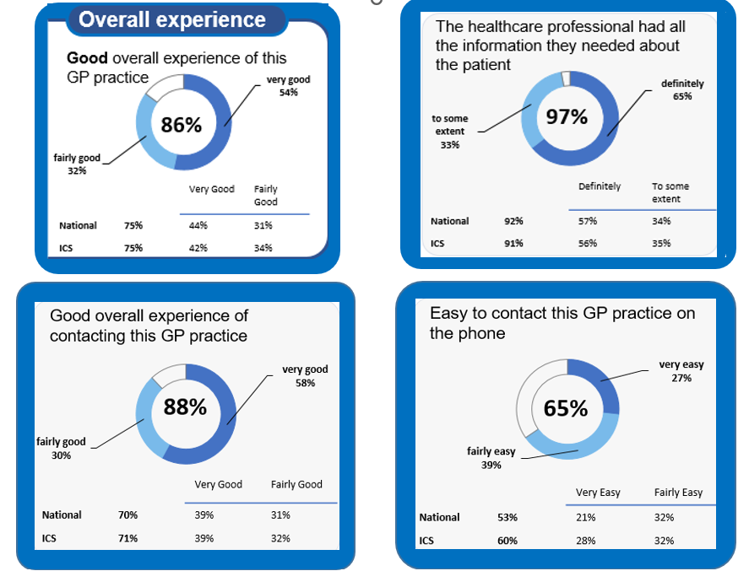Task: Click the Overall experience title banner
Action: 172,19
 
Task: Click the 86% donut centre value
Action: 181,125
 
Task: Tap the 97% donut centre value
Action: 567,116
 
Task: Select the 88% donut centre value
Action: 185,407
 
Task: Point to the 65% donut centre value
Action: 566,409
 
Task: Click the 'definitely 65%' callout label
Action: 682,90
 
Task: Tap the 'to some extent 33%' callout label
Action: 449,132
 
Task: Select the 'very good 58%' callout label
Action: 305,376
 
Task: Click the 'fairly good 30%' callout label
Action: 61,448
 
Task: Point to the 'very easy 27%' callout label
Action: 681,371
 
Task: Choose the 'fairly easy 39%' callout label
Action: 491,458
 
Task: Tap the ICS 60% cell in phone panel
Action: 507,541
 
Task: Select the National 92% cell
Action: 513,221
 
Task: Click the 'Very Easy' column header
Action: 598,493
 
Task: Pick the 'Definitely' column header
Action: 599,186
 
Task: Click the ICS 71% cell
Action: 128,538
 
